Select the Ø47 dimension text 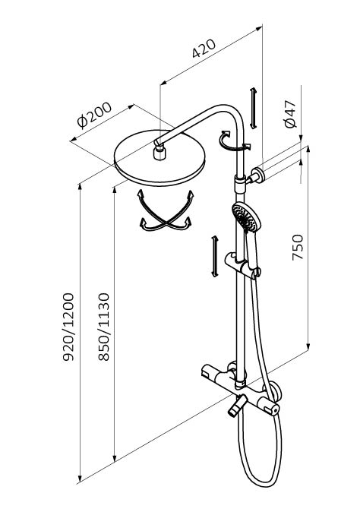click(290, 114)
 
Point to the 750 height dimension click(298, 247)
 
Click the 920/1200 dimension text click(68, 327)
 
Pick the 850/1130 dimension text click(104, 327)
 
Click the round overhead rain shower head click(159, 158)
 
